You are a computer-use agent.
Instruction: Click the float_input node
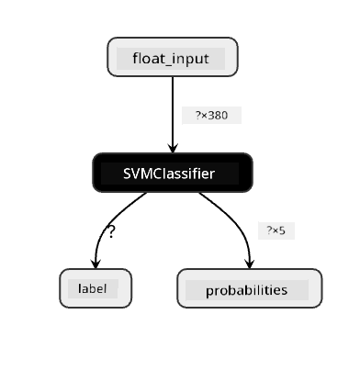click(173, 57)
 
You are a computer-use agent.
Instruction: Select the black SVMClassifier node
click(173, 173)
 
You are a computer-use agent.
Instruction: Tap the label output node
click(96, 288)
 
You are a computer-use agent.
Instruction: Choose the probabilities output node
click(250, 288)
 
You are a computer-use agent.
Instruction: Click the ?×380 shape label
click(211, 116)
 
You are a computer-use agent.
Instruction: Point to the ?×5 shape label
click(276, 230)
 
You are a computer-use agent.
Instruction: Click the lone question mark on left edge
click(111, 232)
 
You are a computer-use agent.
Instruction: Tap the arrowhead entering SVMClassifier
click(173, 148)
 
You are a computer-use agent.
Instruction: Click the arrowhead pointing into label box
click(96, 264)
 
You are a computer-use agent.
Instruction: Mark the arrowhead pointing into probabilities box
click(250, 264)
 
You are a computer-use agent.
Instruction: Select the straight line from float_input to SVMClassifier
click(173, 115)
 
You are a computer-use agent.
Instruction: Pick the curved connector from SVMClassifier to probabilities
click(236, 221)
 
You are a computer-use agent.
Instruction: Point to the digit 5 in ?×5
click(282, 230)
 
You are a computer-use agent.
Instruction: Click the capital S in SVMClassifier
click(127, 174)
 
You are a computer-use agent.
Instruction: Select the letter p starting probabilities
click(209, 292)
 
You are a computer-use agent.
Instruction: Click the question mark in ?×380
click(198, 116)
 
